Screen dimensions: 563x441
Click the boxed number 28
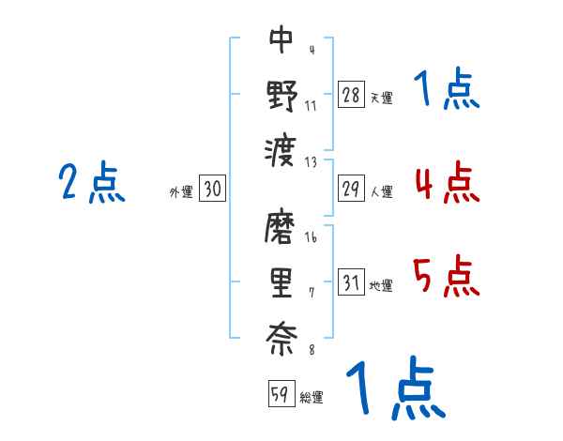pos(351,96)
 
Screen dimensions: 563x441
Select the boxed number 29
pos(351,190)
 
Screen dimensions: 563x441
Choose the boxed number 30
pos(212,190)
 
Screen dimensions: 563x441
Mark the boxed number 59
pos(279,394)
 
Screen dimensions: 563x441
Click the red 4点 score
pos(447,183)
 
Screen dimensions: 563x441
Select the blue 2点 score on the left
pos(91,183)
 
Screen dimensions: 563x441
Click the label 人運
pos(381,192)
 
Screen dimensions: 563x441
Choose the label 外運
pos(180,192)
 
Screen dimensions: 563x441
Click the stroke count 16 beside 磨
pos(312,237)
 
